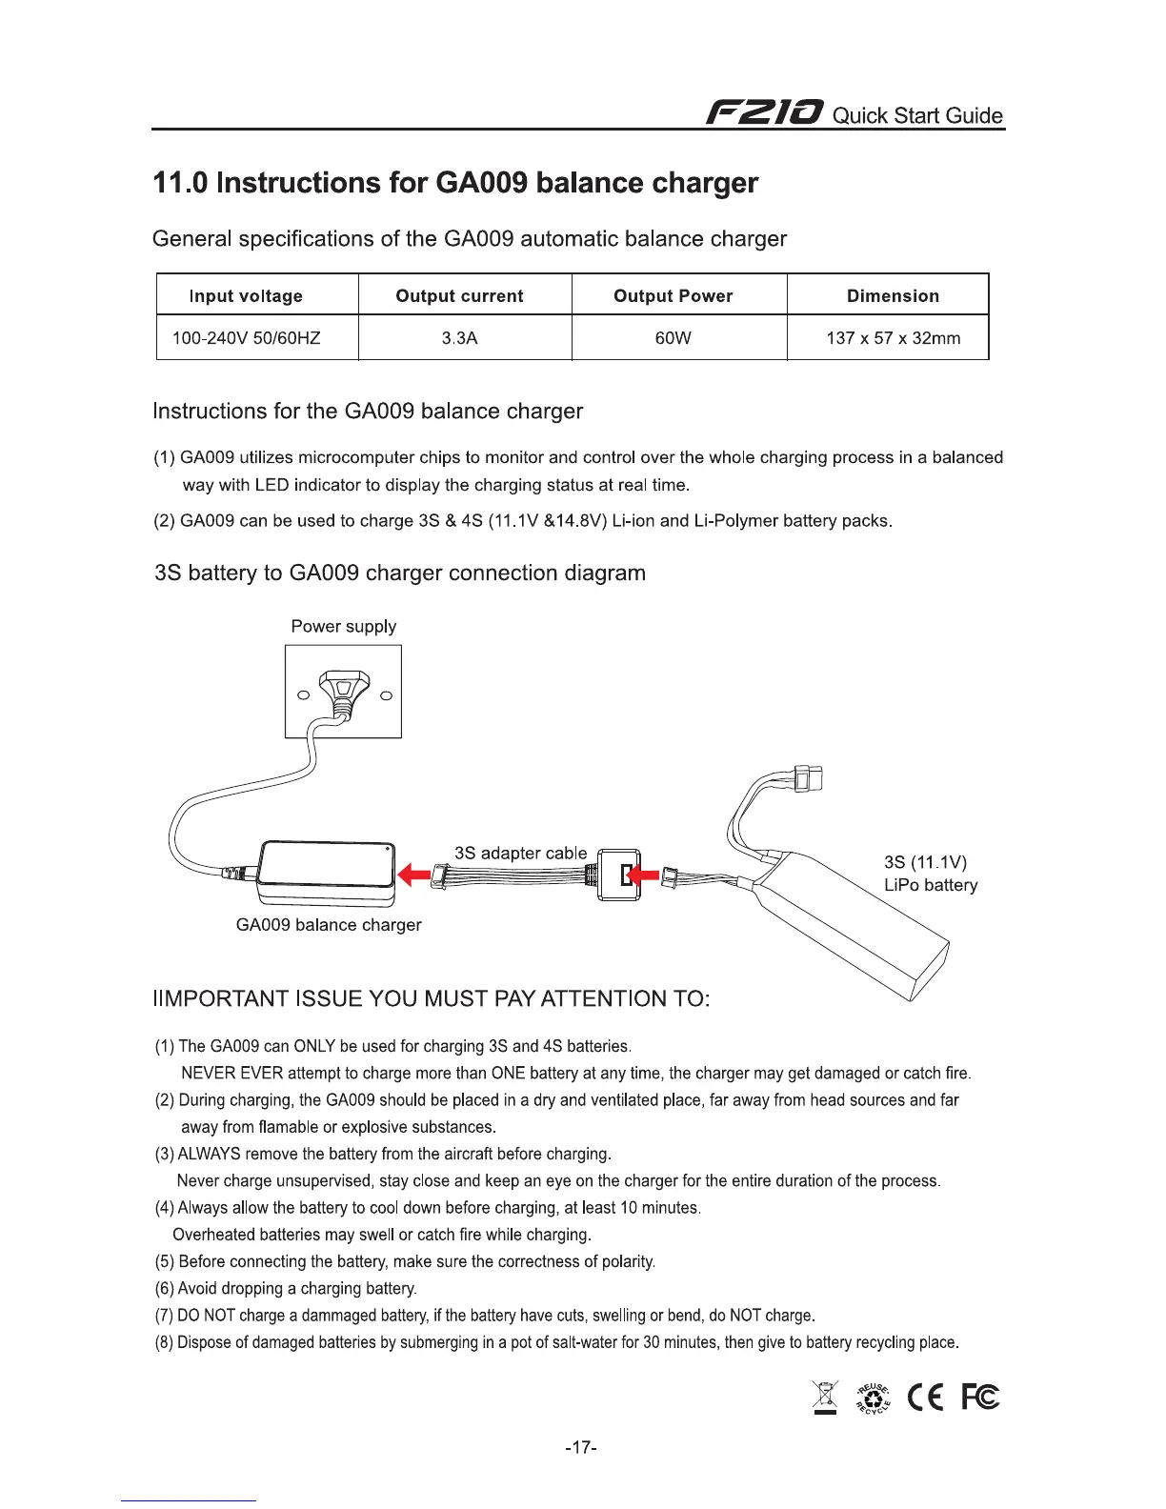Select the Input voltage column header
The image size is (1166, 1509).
pyautogui.click(x=246, y=295)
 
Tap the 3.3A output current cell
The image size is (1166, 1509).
pyautogui.click(x=459, y=338)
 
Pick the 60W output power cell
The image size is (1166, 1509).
pyautogui.click(x=673, y=338)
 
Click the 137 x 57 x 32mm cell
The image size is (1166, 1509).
pyautogui.click(x=893, y=338)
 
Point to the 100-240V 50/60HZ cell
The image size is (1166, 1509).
pyautogui.click(x=246, y=338)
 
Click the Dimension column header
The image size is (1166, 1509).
pyautogui.click(x=893, y=295)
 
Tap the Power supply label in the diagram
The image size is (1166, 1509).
pyautogui.click(x=343, y=626)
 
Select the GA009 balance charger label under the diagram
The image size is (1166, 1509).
pyautogui.click(x=328, y=925)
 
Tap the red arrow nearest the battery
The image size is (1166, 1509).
pyautogui.click(x=644, y=874)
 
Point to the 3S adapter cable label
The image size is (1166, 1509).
pyautogui.click(x=520, y=853)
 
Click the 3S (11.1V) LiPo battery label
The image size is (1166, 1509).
pyautogui.click(x=930, y=874)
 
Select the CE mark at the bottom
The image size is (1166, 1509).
pyautogui.click(x=925, y=1398)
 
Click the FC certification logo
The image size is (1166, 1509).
pyautogui.click(x=979, y=1398)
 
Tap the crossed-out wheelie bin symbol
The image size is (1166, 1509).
pyautogui.click(x=825, y=1398)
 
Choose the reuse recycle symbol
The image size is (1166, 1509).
pyautogui.click(x=874, y=1398)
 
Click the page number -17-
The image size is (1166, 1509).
pyautogui.click(x=581, y=1448)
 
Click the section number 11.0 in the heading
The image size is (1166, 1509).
pyautogui.click(x=181, y=183)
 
